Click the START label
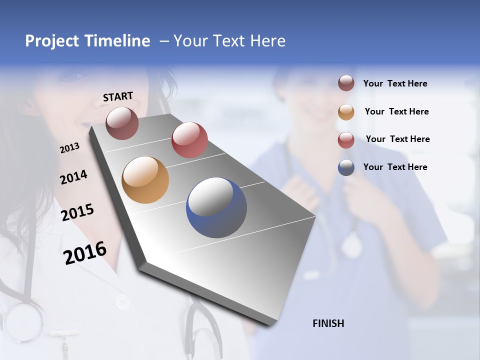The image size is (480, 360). click(x=118, y=96)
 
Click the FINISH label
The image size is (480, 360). click(x=328, y=323)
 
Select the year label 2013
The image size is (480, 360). click(x=70, y=148)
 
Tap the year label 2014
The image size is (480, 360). click(x=73, y=177)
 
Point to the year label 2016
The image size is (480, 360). click(x=85, y=252)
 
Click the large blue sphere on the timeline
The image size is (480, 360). click(x=216, y=207)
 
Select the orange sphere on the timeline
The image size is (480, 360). click(x=145, y=180)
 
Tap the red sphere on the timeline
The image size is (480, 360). click(x=189, y=140)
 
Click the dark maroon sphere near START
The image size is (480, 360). click(x=122, y=123)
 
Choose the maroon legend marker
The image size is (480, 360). click(x=346, y=83)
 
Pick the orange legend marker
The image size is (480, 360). click(x=346, y=112)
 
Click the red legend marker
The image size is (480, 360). click(x=346, y=140)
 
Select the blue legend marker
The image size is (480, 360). click(x=346, y=167)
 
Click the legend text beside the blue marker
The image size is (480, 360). click(x=395, y=167)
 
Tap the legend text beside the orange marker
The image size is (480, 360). click(x=396, y=111)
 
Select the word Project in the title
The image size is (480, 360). click(x=51, y=41)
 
